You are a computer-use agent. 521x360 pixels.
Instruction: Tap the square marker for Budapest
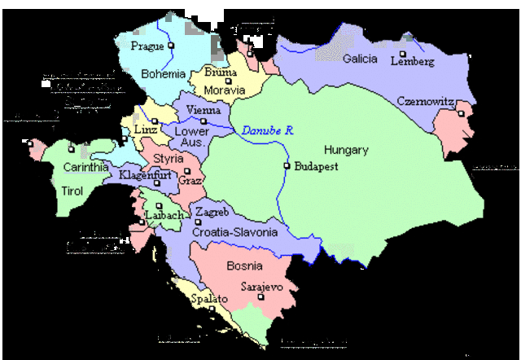tap(287, 166)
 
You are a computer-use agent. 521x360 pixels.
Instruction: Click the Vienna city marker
tap(204, 121)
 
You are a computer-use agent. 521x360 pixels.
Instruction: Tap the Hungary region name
tap(346, 150)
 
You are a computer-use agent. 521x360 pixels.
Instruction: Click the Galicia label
tap(360, 59)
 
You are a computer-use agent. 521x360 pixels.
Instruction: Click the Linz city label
tap(145, 130)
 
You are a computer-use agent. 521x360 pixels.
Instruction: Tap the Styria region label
tap(169, 159)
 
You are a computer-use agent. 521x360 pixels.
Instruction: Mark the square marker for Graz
tap(186, 172)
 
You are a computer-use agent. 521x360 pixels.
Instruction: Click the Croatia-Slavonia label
tap(235, 232)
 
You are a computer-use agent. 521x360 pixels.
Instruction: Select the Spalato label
tap(209, 300)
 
